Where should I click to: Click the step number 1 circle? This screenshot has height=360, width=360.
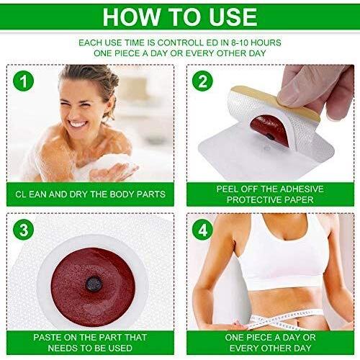[x=24, y=81]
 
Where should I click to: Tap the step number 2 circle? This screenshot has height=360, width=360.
[x=202, y=81]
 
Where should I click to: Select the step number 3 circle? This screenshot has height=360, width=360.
[x=24, y=230]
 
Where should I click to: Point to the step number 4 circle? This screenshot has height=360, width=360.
[x=202, y=230]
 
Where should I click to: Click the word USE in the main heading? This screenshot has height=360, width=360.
[x=233, y=17]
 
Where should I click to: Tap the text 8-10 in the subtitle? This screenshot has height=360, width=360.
[x=240, y=42]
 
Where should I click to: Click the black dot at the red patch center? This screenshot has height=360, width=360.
[x=94, y=284]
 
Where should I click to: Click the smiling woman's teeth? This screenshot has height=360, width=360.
[x=77, y=124]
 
